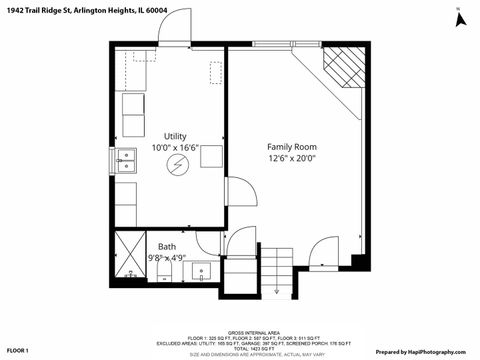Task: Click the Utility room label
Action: (175, 136)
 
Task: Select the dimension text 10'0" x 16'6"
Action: (175, 148)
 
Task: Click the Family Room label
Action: (291, 145)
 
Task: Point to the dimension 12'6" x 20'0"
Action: (291, 157)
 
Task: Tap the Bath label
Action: (166, 246)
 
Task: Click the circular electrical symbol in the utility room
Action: (176, 166)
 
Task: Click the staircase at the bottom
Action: (260, 270)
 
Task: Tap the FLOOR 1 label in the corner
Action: (18, 351)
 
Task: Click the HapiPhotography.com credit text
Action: (420, 351)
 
